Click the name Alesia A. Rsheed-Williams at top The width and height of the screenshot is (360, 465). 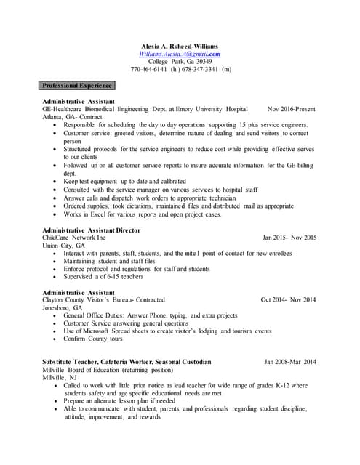coord(180,46)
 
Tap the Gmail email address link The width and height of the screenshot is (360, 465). coord(180,54)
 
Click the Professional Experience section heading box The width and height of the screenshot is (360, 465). coord(77,85)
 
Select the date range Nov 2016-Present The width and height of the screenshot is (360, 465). coord(292,109)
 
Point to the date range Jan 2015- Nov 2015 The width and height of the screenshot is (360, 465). coord(289,238)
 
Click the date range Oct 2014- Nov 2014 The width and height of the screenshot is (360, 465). coord(288,299)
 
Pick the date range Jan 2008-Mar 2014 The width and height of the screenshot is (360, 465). coord(290,361)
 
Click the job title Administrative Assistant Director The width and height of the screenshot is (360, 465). coord(91,230)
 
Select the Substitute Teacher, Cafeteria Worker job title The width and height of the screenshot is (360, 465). coord(127,361)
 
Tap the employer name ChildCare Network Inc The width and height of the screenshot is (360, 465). coord(74,238)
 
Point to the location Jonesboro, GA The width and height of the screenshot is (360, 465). coord(63,307)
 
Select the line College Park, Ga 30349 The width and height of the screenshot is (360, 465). coord(180,62)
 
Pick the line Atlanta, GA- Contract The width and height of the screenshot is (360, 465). coord(72,117)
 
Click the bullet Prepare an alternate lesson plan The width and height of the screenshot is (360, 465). coord(129,400)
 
